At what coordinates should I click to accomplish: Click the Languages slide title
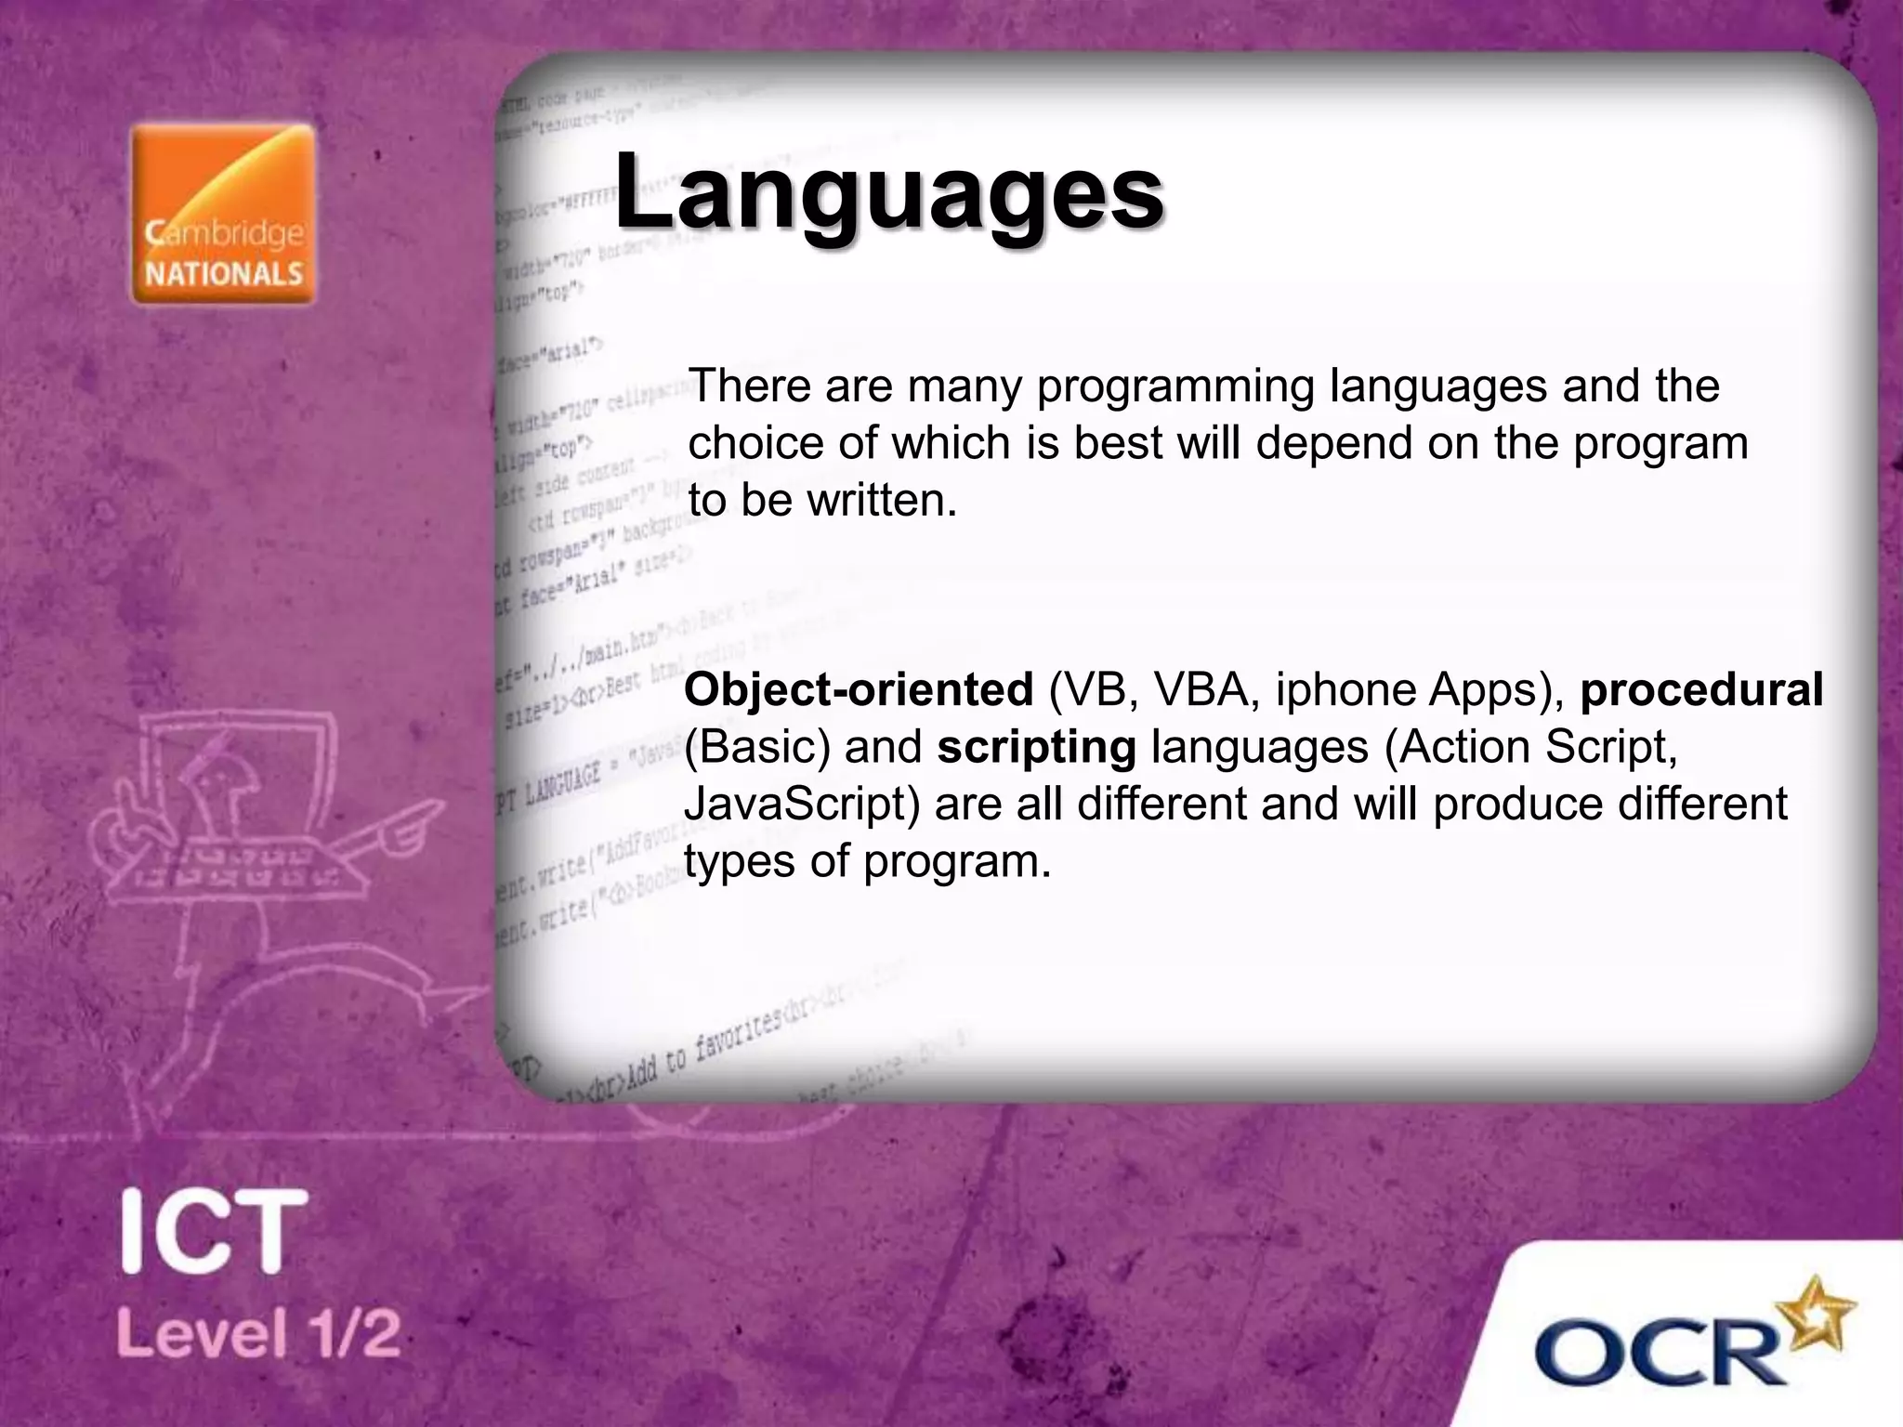[887, 192]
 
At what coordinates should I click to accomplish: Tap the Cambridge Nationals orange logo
[223, 214]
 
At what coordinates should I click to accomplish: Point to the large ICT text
[214, 1232]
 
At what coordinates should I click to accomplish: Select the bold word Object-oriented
[859, 689]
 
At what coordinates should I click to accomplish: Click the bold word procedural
[1700, 689]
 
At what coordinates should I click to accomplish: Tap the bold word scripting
[1036, 747]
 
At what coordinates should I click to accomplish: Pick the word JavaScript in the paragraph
[801, 805]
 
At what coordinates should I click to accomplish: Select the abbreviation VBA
[1207, 689]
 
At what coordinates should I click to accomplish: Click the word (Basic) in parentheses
[756, 747]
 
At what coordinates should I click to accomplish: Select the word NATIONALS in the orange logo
[224, 273]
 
